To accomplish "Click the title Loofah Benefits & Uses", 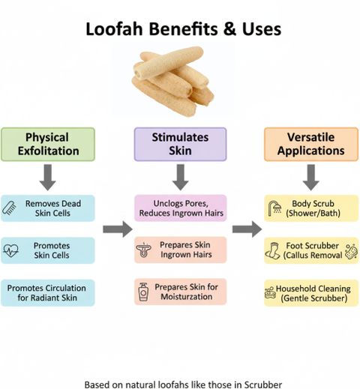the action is tap(184, 29).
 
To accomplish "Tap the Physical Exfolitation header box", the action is tap(48, 144).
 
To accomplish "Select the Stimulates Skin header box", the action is tap(180, 144).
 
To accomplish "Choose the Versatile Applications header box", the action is tap(311, 144).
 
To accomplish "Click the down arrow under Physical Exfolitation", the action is tap(48, 177).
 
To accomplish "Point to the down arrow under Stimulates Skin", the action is tap(181, 177).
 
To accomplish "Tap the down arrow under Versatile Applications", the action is tap(311, 177).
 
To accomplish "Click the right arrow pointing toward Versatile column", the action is tap(247, 229).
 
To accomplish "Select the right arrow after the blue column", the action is tap(118, 229).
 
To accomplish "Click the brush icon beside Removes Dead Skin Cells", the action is tap(9, 208).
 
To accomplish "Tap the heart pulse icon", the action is tap(10, 250).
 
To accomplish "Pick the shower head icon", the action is tap(274, 208).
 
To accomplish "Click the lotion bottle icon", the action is tap(143, 292).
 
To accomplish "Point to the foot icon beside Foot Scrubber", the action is tap(272, 250).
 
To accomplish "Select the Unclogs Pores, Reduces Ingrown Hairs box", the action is tap(181, 208).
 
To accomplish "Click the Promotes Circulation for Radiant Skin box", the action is tap(48, 293).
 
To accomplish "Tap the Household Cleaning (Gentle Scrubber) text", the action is tap(313, 293).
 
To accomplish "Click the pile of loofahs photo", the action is tap(173, 81).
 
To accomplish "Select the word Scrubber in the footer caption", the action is tap(263, 385).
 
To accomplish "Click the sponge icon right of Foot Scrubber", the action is tap(351, 251).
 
